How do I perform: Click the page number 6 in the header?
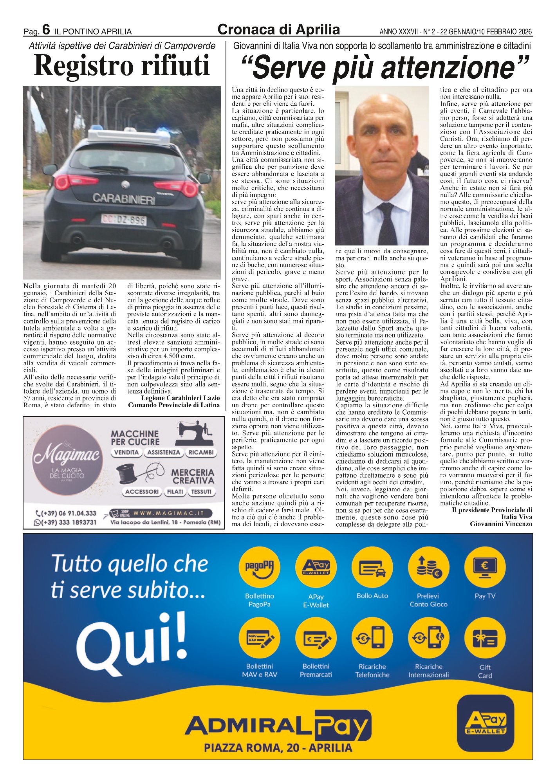click(46, 30)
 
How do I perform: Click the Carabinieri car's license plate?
click(124, 220)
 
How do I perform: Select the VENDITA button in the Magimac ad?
click(126, 453)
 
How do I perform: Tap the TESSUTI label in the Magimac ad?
click(201, 492)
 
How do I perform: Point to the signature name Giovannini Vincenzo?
click(501, 524)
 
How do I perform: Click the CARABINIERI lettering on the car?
click(124, 198)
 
